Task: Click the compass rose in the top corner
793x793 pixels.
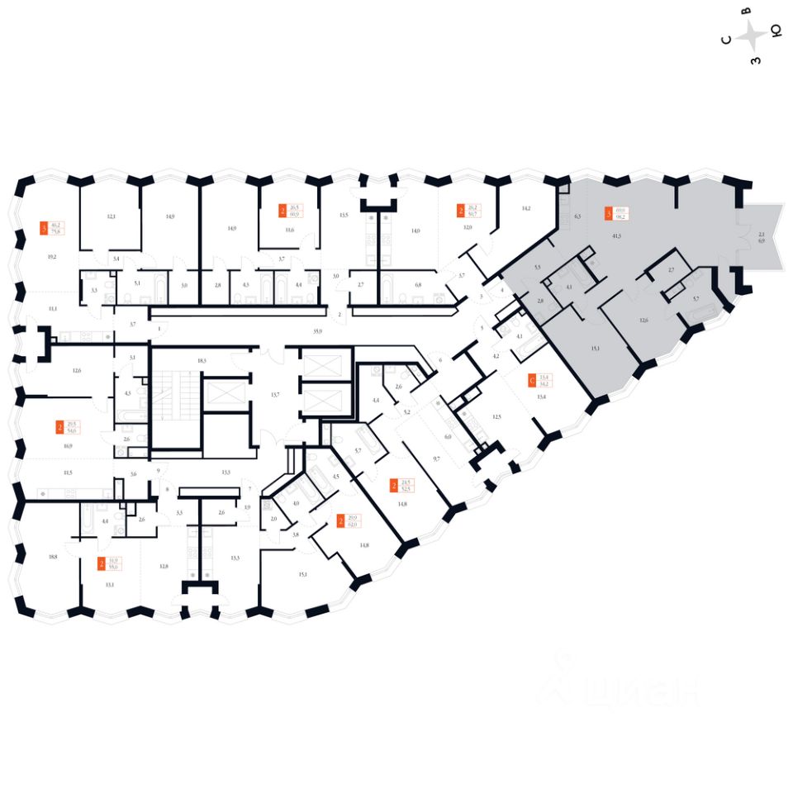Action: click(752, 37)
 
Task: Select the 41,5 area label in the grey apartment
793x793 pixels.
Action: click(616, 236)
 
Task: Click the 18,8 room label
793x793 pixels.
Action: click(53, 558)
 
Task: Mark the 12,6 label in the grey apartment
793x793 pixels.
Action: click(643, 321)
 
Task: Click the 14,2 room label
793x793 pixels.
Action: click(526, 209)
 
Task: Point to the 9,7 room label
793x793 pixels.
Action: click(435, 457)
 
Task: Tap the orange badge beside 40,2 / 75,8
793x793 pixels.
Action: click(45, 228)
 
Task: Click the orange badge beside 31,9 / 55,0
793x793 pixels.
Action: click(102, 564)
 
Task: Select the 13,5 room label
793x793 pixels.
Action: click(344, 216)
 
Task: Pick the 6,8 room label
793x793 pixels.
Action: click(418, 285)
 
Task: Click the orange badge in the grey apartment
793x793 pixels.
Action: click(610, 214)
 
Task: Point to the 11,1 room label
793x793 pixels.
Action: click(53, 308)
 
